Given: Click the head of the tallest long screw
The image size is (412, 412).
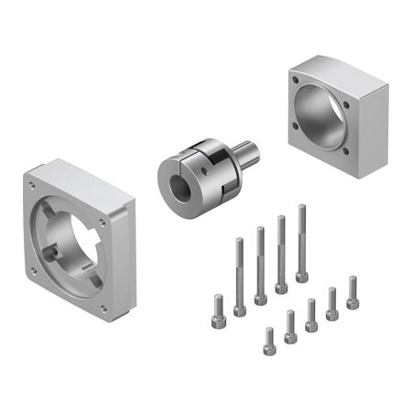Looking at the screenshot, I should [x=301, y=276].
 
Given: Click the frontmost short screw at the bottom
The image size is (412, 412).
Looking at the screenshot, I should [x=269, y=344].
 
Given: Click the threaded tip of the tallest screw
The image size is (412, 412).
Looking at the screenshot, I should [x=301, y=210].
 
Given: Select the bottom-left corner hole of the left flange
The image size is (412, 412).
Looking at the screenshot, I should [x=34, y=270].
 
